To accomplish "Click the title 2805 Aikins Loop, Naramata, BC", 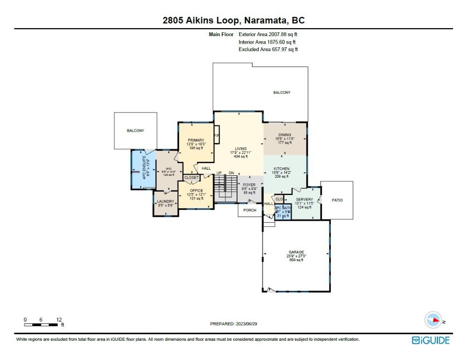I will point(233,20).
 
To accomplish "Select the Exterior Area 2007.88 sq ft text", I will point(268,34).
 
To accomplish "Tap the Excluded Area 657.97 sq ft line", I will point(268,49).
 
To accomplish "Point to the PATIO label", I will point(337,200).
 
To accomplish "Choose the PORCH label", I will point(250,210).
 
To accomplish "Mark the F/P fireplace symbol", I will point(216,136).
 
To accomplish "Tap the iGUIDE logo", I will point(430,340).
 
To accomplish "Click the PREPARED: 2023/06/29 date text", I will point(234,323).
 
